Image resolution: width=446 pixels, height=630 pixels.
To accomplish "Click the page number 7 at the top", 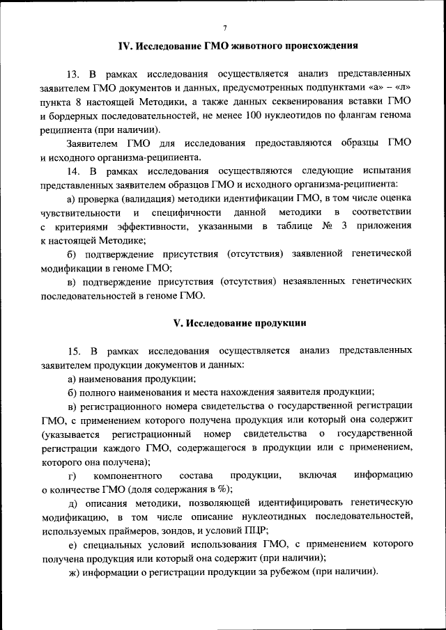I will (x=224, y=28).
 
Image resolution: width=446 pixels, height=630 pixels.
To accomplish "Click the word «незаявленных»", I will (x=313, y=282).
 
